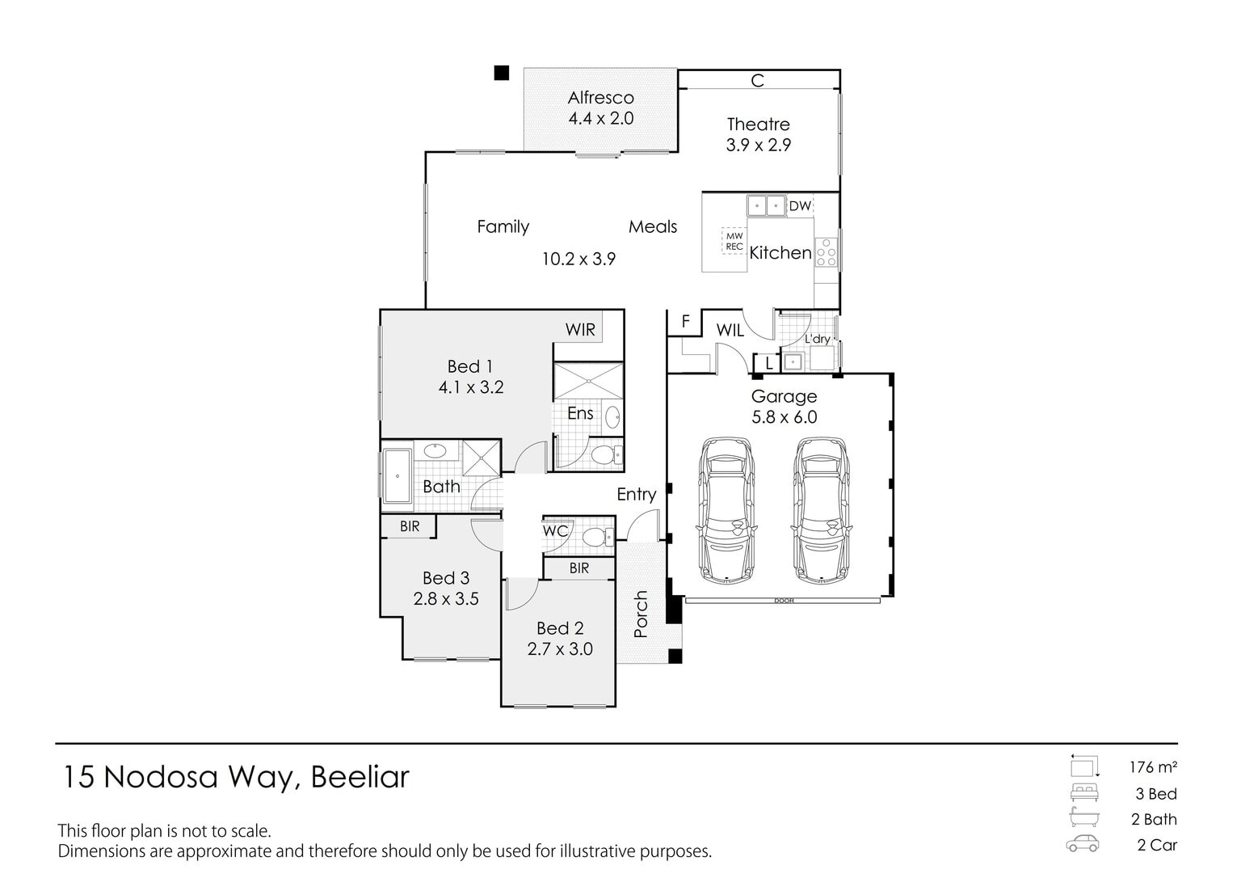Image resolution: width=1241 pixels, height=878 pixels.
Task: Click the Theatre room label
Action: pyautogui.click(x=758, y=125)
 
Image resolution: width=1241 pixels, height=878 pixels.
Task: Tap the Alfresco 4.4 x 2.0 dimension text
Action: pyautogui.click(x=600, y=119)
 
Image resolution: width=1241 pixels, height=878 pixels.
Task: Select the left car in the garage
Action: pyautogui.click(x=726, y=510)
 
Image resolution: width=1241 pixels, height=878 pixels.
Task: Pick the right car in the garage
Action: pyautogui.click(x=821, y=510)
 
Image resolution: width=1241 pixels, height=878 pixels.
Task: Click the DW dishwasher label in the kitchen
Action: pyautogui.click(x=800, y=206)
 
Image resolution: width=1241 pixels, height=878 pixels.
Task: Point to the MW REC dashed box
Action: pyautogui.click(x=734, y=241)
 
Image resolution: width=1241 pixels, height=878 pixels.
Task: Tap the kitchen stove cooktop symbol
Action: pyautogui.click(x=826, y=253)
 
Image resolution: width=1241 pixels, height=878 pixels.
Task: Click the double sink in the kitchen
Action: pyautogui.click(x=766, y=205)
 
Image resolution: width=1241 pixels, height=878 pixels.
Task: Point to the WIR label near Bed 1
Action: pyautogui.click(x=580, y=330)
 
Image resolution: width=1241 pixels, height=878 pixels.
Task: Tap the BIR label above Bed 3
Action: pyautogui.click(x=410, y=526)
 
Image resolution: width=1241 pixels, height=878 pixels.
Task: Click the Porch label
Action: pyautogui.click(x=641, y=614)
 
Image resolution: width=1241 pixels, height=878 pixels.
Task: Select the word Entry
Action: pyautogui.click(x=637, y=494)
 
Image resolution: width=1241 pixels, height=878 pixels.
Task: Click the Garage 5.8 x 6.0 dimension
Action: pyautogui.click(x=784, y=417)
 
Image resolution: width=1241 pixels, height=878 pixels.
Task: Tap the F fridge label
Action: pyautogui.click(x=685, y=322)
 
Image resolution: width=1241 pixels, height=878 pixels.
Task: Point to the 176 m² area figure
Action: pyautogui.click(x=1153, y=767)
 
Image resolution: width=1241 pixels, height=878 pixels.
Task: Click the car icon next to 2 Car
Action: pyautogui.click(x=1083, y=843)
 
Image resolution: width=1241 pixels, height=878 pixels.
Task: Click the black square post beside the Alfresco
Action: pyautogui.click(x=502, y=73)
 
